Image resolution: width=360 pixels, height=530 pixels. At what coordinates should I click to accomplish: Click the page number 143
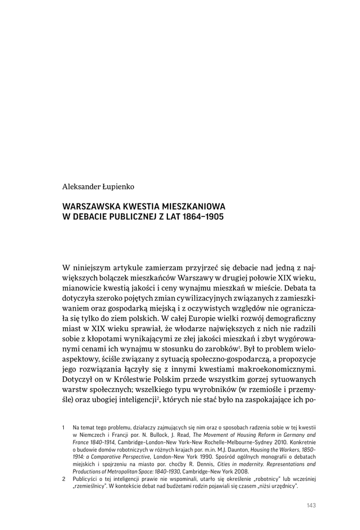[311, 506]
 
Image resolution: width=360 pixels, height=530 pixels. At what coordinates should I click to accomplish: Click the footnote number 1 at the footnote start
[63, 428]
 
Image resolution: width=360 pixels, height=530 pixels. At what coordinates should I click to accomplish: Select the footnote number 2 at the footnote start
[63, 479]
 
